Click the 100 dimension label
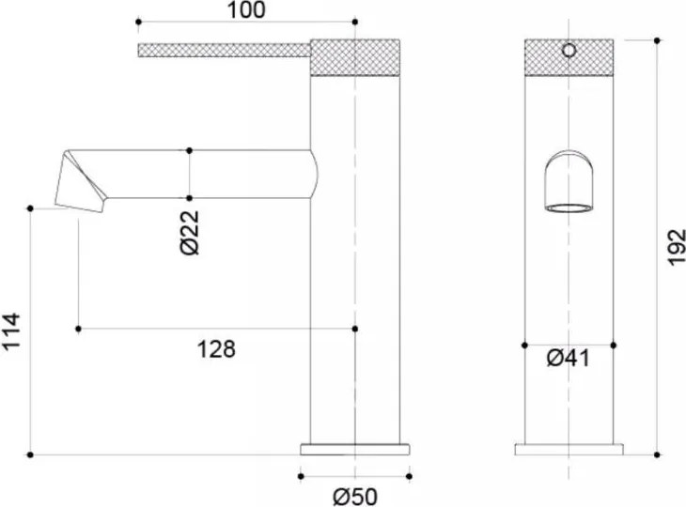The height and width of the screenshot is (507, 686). point(246,10)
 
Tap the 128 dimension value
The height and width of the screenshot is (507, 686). point(216,349)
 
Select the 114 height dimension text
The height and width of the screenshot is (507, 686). point(11,330)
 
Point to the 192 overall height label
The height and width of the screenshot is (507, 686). point(677,247)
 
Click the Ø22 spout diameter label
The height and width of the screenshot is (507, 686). point(190,233)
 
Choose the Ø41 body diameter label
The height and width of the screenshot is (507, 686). point(569,359)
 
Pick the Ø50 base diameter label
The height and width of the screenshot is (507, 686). point(355,497)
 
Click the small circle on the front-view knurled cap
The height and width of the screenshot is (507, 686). point(569,51)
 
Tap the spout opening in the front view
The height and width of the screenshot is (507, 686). point(569,208)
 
